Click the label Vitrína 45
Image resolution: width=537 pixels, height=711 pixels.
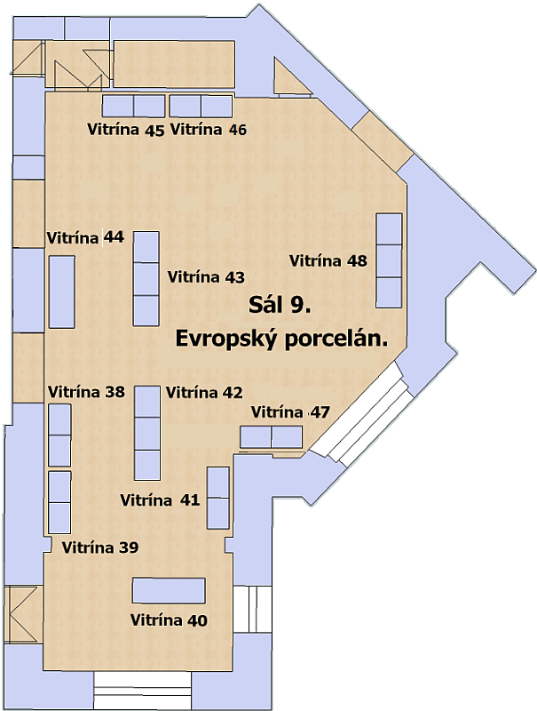tap(126, 130)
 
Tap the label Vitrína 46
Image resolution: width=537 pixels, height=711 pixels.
tap(209, 130)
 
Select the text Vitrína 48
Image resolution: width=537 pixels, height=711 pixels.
tap(328, 260)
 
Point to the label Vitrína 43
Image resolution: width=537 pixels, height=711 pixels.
tap(206, 276)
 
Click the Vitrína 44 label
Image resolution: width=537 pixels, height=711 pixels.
tap(85, 237)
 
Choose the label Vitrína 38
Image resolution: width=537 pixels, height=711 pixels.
tap(86, 392)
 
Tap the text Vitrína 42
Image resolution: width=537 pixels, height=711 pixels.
tap(204, 392)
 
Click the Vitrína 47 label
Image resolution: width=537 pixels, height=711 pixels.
tap(290, 412)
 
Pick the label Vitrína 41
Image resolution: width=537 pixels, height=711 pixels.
tap(160, 499)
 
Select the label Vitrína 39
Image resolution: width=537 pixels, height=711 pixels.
tap(100, 547)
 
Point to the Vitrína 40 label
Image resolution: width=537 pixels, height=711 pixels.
tap(169, 619)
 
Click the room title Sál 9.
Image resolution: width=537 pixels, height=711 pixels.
tap(280, 305)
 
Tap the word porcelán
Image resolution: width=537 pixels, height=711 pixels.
tap(336, 340)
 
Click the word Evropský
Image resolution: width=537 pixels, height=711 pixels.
tap(226, 340)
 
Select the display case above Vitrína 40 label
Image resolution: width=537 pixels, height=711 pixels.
tap(169, 590)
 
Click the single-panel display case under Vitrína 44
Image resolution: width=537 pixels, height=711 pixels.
tap(61, 292)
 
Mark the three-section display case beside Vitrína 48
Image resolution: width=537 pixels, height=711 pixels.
tap(390, 260)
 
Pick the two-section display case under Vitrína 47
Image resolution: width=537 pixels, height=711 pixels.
tap(272, 437)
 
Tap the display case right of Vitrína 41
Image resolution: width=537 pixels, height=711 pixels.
tap(218, 498)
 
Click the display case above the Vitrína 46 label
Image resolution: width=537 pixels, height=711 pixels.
tap(201, 106)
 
